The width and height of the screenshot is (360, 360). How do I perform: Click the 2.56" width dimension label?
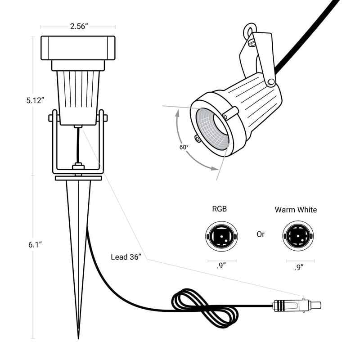click(x=79, y=27)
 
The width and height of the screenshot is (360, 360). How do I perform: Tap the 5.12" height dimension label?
click(x=35, y=100)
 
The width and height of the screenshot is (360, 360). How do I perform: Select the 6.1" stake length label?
click(x=35, y=245)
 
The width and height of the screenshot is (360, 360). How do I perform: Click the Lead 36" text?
click(x=126, y=257)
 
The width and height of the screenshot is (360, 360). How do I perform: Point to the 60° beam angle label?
click(x=184, y=147)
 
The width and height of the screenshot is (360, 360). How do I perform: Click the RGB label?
click(x=220, y=209)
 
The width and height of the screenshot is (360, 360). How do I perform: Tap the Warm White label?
click(x=296, y=210)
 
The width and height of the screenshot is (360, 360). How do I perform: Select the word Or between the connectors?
click(x=261, y=234)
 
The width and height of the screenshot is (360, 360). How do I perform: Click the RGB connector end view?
click(x=221, y=236)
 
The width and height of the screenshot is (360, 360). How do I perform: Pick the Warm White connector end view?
click(x=298, y=236)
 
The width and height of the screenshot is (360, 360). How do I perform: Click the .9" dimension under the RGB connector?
click(x=221, y=266)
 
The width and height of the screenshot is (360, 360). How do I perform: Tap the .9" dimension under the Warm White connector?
click(x=299, y=267)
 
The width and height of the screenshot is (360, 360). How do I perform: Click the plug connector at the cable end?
click(x=297, y=306)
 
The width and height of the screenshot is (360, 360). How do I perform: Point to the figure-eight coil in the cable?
click(x=204, y=308)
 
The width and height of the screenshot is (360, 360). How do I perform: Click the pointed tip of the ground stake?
click(x=78, y=339)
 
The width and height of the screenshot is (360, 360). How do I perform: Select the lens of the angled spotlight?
click(x=212, y=129)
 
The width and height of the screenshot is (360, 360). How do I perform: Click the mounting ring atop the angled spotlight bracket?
click(x=250, y=30)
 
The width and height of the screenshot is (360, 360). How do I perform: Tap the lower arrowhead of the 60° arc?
click(x=214, y=169)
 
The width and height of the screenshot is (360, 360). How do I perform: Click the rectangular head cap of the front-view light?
click(x=78, y=48)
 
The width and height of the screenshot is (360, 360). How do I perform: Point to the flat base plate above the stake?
click(x=78, y=178)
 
